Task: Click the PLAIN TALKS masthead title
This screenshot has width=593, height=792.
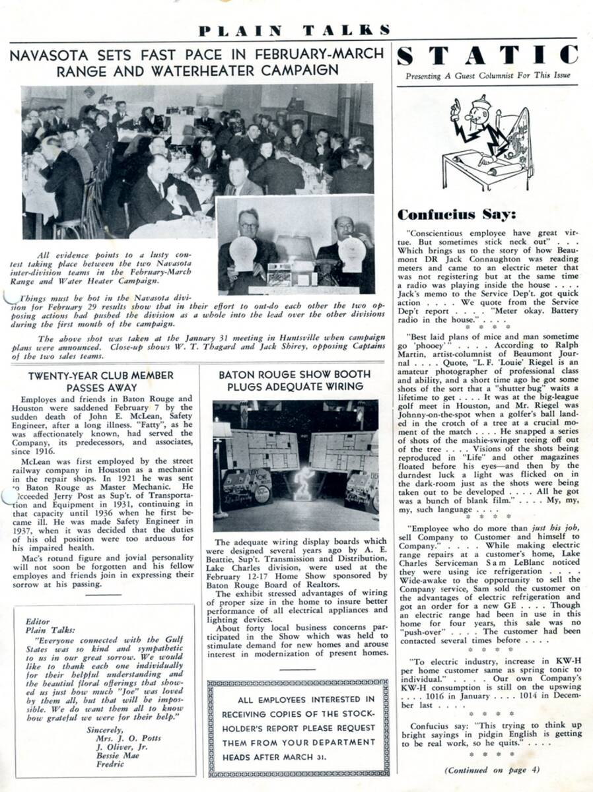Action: coord(294,30)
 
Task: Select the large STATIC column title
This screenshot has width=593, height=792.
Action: coord(488,55)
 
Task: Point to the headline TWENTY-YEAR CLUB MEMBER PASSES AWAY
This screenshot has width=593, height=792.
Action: coord(101,381)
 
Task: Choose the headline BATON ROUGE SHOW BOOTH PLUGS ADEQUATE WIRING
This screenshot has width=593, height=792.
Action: coord(295,381)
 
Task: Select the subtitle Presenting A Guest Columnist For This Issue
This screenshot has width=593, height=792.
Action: coord(488,75)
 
